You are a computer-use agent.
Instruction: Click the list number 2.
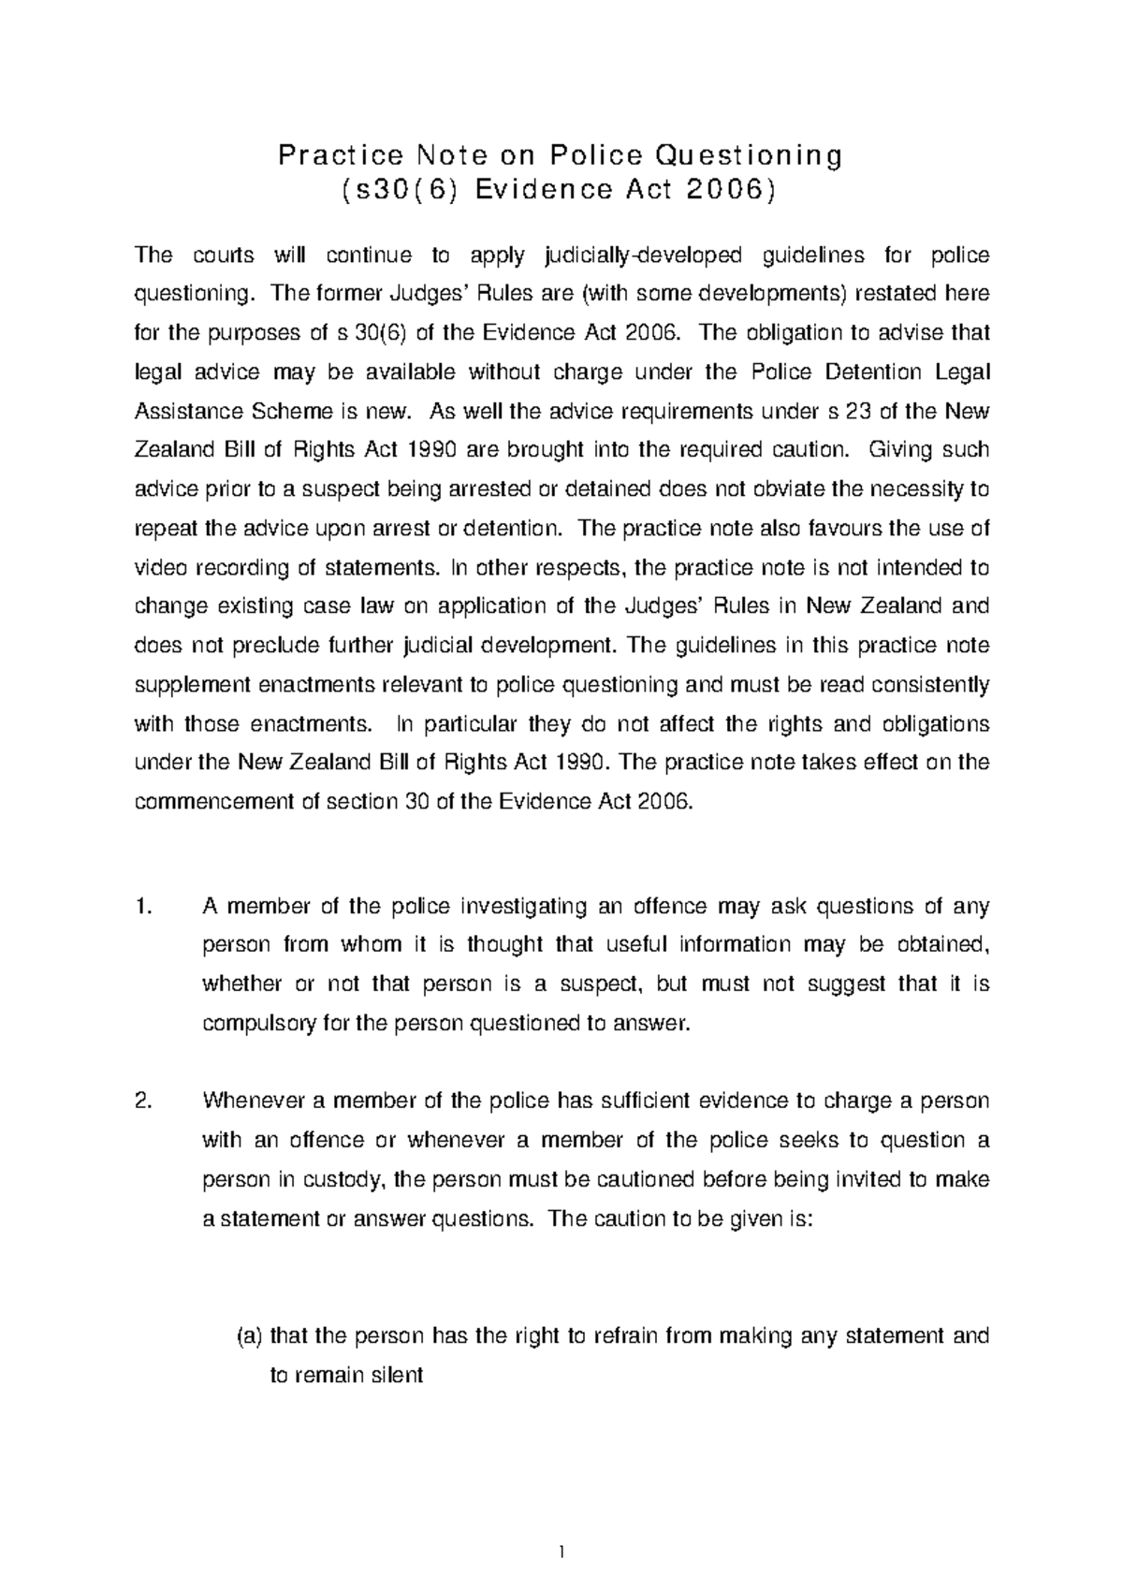coord(142,1101)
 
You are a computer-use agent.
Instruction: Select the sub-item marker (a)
coord(248,1336)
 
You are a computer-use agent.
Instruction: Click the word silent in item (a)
coord(399,1376)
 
